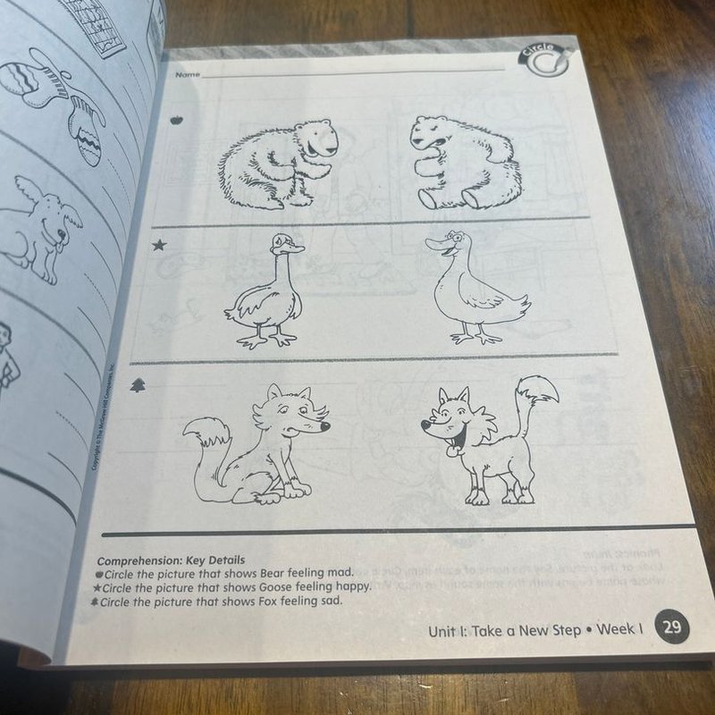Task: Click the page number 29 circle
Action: click(x=671, y=627)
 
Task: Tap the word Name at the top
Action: click(x=188, y=74)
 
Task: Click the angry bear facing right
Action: click(x=277, y=163)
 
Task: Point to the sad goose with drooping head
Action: click(x=266, y=290)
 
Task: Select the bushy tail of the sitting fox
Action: click(x=207, y=442)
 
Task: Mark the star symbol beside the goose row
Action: click(x=158, y=245)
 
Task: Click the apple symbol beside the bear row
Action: click(x=175, y=119)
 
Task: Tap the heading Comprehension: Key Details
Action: click(x=170, y=560)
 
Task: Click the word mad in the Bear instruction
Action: click(x=341, y=572)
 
